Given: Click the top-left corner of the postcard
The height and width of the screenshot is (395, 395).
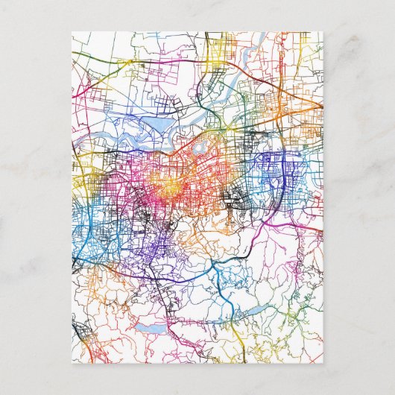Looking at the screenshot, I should pyautogui.click(x=72, y=32).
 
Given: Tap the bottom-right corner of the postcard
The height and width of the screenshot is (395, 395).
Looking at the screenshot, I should pyautogui.click(x=323, y=364).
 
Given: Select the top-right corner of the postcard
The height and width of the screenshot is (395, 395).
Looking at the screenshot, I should pyautogui.click(x=323, y=32).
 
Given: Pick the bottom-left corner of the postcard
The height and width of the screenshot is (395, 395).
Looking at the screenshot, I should pyautogui.click(x=72, y=364).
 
